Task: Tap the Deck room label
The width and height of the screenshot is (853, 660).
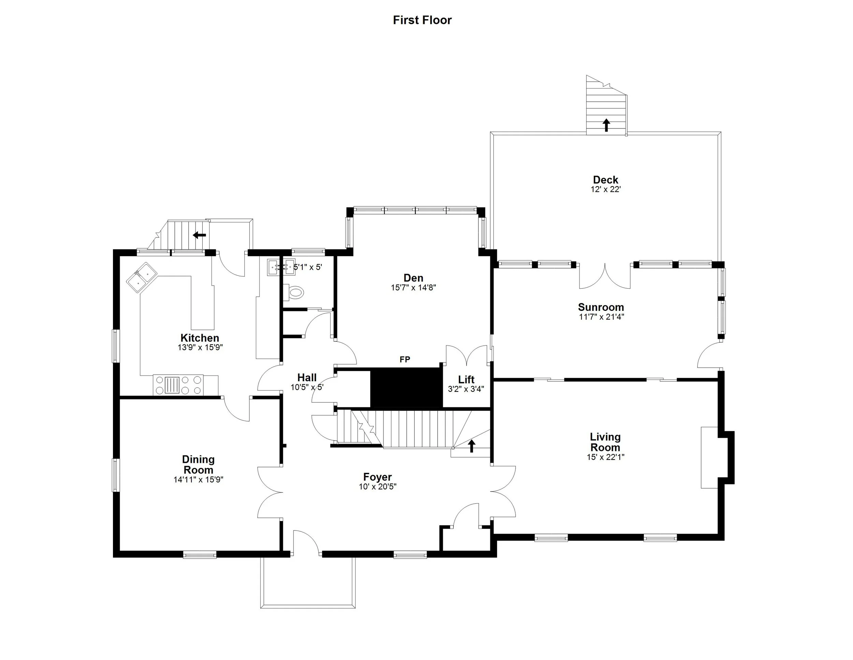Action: (x=605, y=180)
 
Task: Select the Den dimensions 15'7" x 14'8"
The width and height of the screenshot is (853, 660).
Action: (x=413, y=288)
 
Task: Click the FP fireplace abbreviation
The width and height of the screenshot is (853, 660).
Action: (x=405, y=359)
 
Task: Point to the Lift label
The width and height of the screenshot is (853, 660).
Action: (x=466, y=379)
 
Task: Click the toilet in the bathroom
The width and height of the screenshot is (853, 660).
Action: (x=295, y=292)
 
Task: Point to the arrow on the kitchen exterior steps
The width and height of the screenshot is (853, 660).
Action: (x=199, y=235)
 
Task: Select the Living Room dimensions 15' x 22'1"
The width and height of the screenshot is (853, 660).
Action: (x=605, y=457)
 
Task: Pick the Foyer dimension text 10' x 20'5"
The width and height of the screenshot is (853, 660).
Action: (x=377, y=487)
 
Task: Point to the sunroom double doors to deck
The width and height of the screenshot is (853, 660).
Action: (x=605, y=276)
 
